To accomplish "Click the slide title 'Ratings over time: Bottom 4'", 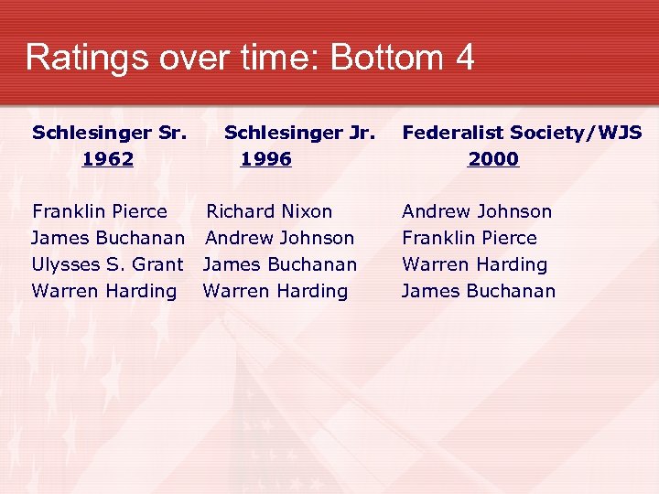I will coord(250,58).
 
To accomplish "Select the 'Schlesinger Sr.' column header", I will coord(110,133).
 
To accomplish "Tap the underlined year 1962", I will coord(108,159).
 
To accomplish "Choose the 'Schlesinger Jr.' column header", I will coord(299,133).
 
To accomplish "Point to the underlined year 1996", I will coord(265,159).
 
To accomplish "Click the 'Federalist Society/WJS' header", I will coord(522,133).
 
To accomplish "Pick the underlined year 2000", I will coord(493,159).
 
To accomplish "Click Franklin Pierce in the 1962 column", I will coord(100,211).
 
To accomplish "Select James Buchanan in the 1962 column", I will coord(108,238).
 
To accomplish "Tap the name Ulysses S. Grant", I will coord(107,264).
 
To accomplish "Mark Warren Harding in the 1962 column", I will coord(104,291).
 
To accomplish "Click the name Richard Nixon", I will coord(269,211).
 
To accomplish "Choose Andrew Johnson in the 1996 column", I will coord(279,238).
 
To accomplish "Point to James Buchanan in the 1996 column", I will coord(280,264).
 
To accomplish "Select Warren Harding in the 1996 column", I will coord(275,291).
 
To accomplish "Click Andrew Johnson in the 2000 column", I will coord(477,211).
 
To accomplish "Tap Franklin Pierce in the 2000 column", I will coord(470,238).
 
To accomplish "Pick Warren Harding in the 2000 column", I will coord(474,264).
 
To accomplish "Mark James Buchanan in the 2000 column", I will coord(479,291).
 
